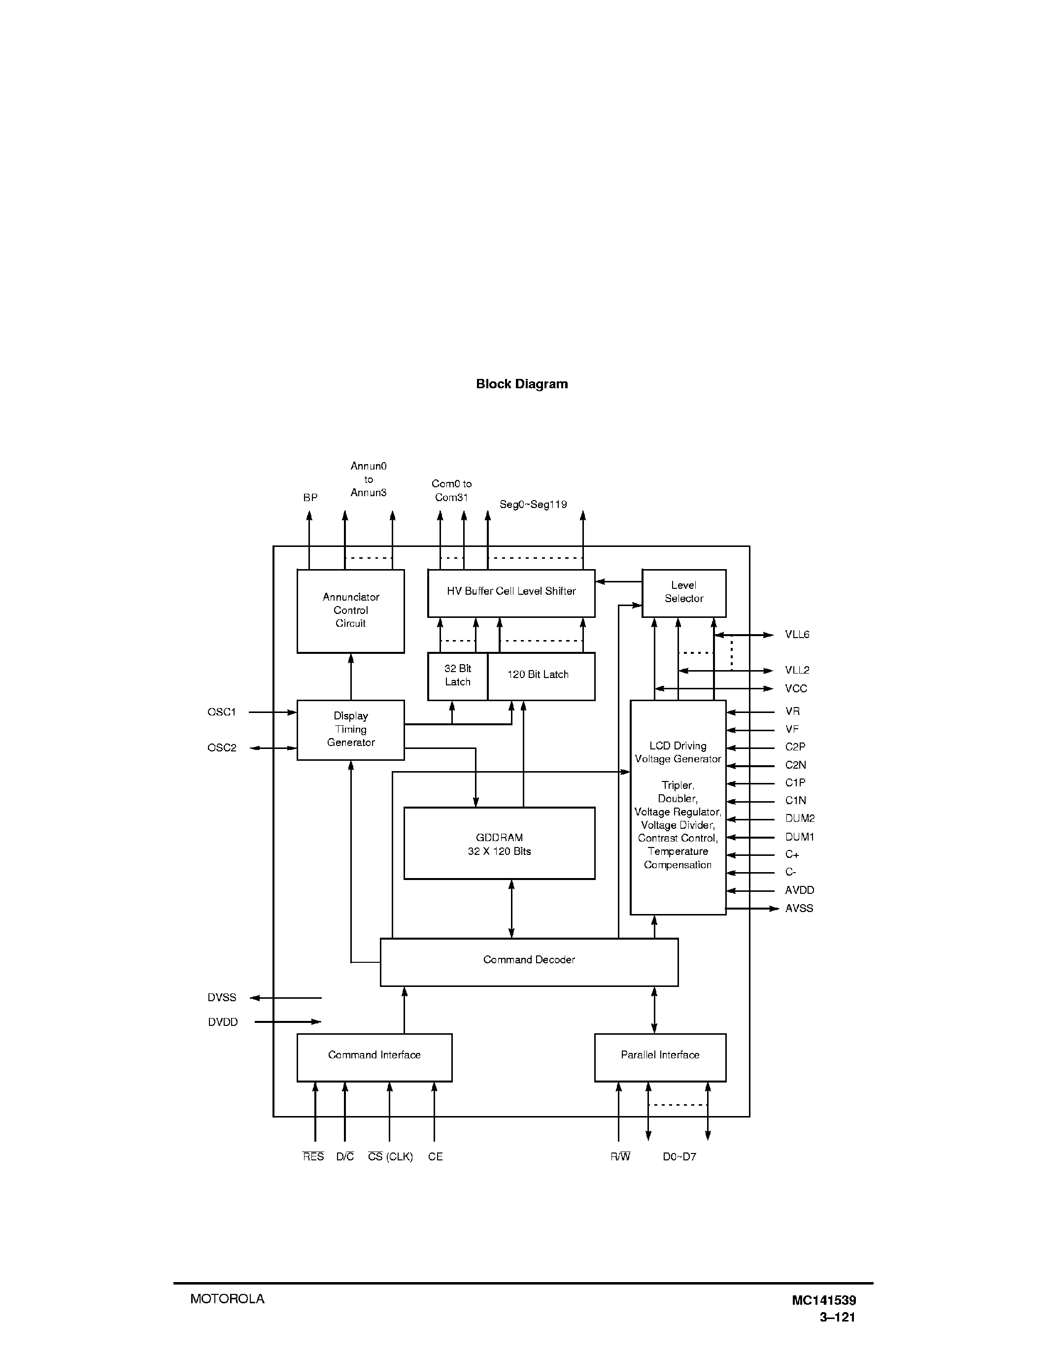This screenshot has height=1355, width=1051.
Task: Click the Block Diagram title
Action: [x=522, y=384]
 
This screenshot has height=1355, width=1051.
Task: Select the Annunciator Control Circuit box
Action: [x=350, y=610]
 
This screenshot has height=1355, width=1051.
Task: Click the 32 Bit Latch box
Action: [x=458, y=676]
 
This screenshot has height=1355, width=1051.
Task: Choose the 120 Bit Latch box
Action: [x=541, y=676]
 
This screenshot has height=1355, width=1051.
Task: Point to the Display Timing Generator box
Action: [x=350, y=730]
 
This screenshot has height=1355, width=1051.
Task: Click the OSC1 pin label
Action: [x=222, y=712]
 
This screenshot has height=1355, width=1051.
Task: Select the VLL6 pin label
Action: [x=797, y=635]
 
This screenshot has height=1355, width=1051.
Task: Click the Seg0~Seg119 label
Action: [x=533, y=505]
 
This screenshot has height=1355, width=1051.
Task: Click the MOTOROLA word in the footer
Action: [x=227, y=1299]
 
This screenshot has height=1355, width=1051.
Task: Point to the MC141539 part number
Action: [x=823, y=1300]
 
